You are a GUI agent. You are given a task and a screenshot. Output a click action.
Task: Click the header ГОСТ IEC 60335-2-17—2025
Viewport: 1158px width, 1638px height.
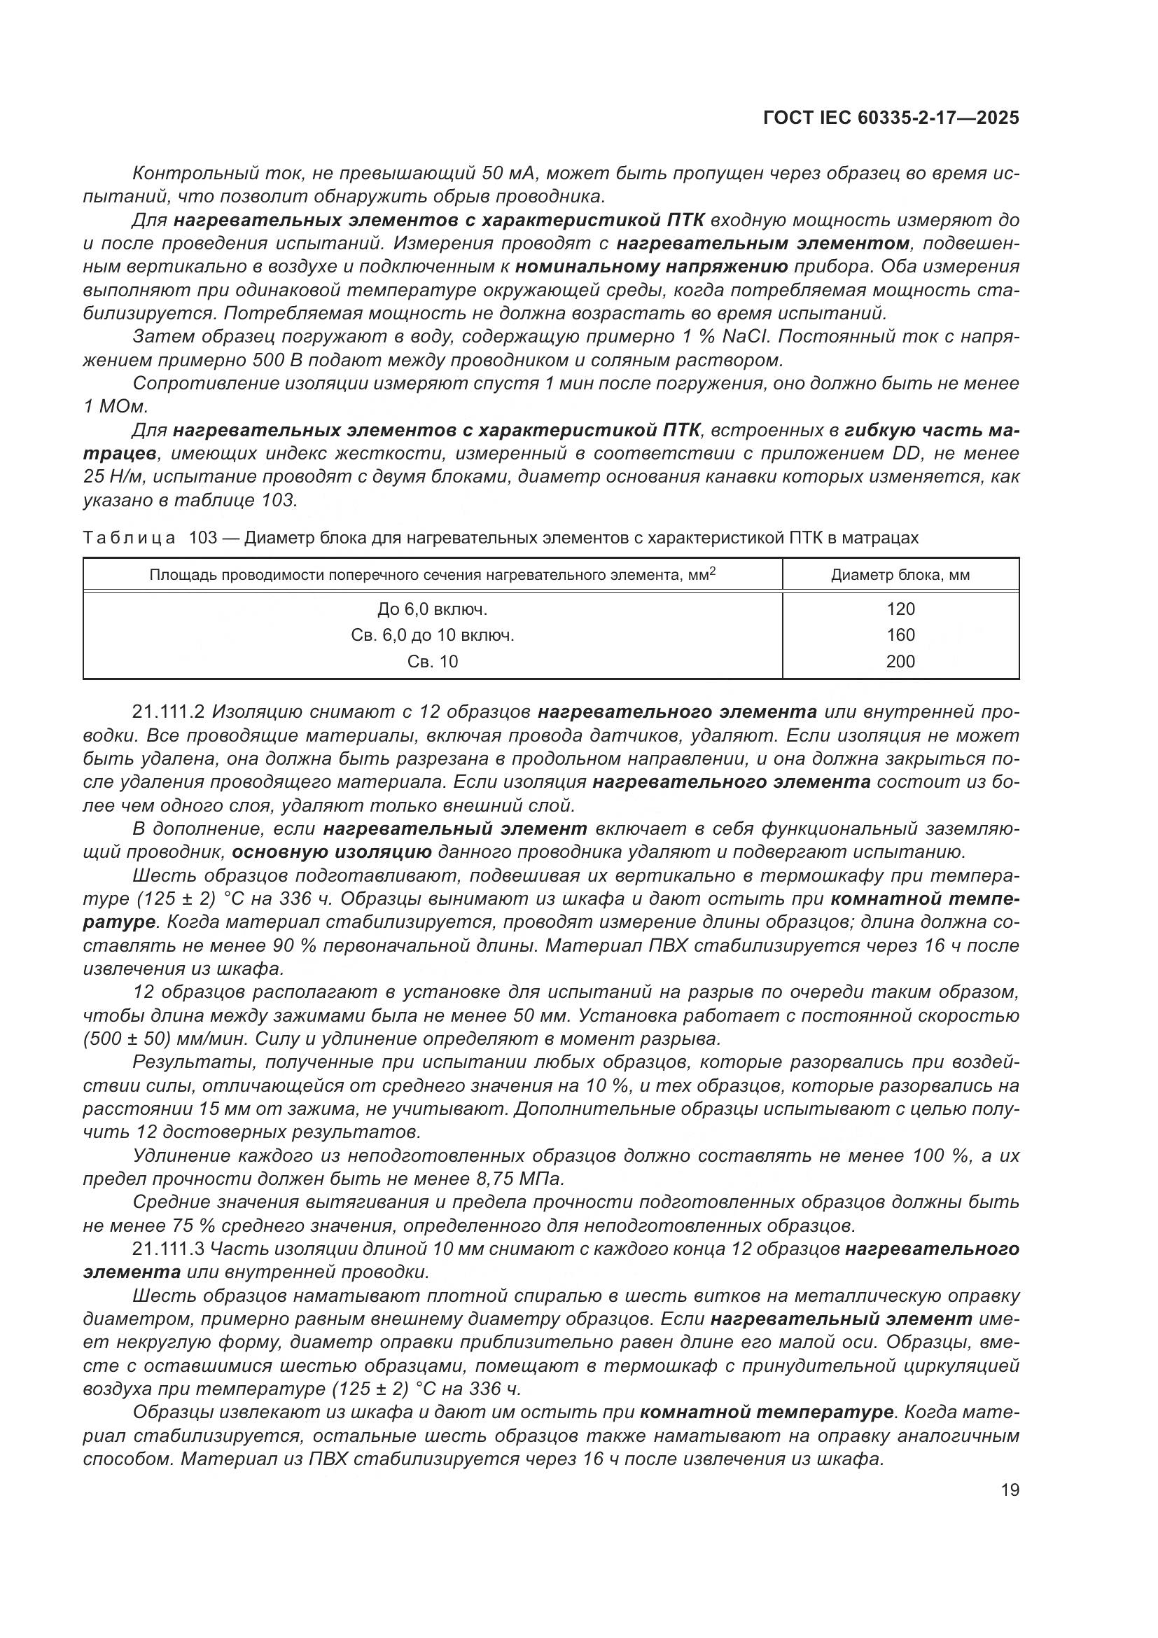(890, 118)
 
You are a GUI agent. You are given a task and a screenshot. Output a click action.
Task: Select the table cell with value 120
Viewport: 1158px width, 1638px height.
(900, 609)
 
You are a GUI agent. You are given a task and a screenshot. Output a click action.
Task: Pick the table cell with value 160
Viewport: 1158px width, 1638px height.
(900, 635)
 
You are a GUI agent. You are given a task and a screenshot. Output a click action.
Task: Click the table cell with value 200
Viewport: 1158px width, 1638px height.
(900, 661)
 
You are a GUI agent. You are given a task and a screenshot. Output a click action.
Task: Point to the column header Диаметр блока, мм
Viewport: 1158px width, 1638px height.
(900, 575)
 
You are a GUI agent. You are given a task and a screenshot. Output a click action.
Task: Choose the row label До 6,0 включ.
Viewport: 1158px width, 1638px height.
(432, 609)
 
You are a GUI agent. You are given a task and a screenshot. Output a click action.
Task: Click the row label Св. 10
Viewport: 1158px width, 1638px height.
(432, 661)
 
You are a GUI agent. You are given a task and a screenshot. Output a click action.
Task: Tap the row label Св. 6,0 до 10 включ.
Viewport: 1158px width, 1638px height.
(432, 635)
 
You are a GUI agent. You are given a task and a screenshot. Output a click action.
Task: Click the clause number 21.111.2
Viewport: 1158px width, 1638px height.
(168, 712)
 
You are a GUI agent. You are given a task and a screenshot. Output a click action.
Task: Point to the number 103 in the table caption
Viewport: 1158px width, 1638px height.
(202, 538)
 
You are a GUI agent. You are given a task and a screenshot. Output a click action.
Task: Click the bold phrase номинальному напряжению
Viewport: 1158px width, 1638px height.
(651, 267)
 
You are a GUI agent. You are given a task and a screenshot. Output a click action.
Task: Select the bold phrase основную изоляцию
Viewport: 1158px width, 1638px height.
(332, 852)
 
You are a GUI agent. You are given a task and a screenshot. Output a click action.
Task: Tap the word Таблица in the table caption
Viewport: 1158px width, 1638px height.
(129, 538)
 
